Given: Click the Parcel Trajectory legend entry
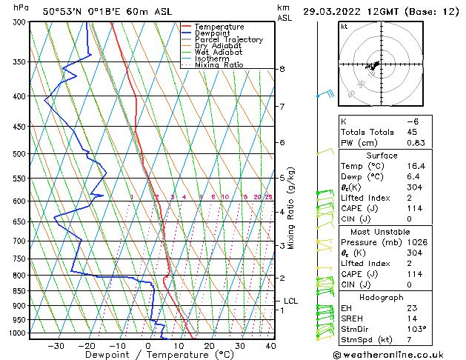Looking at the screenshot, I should click(x=228, y=39).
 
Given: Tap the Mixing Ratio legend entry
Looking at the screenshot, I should click(x=219, y=64).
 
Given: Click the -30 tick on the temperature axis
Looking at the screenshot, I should click(x=56, y=345).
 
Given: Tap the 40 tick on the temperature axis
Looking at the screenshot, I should click(x=270, y=345).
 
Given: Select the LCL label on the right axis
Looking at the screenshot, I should click(x=290, y=301).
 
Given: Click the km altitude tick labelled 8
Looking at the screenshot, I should click(x=282, y=69).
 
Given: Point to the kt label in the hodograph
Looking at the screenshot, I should click(x=344, y=26).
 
